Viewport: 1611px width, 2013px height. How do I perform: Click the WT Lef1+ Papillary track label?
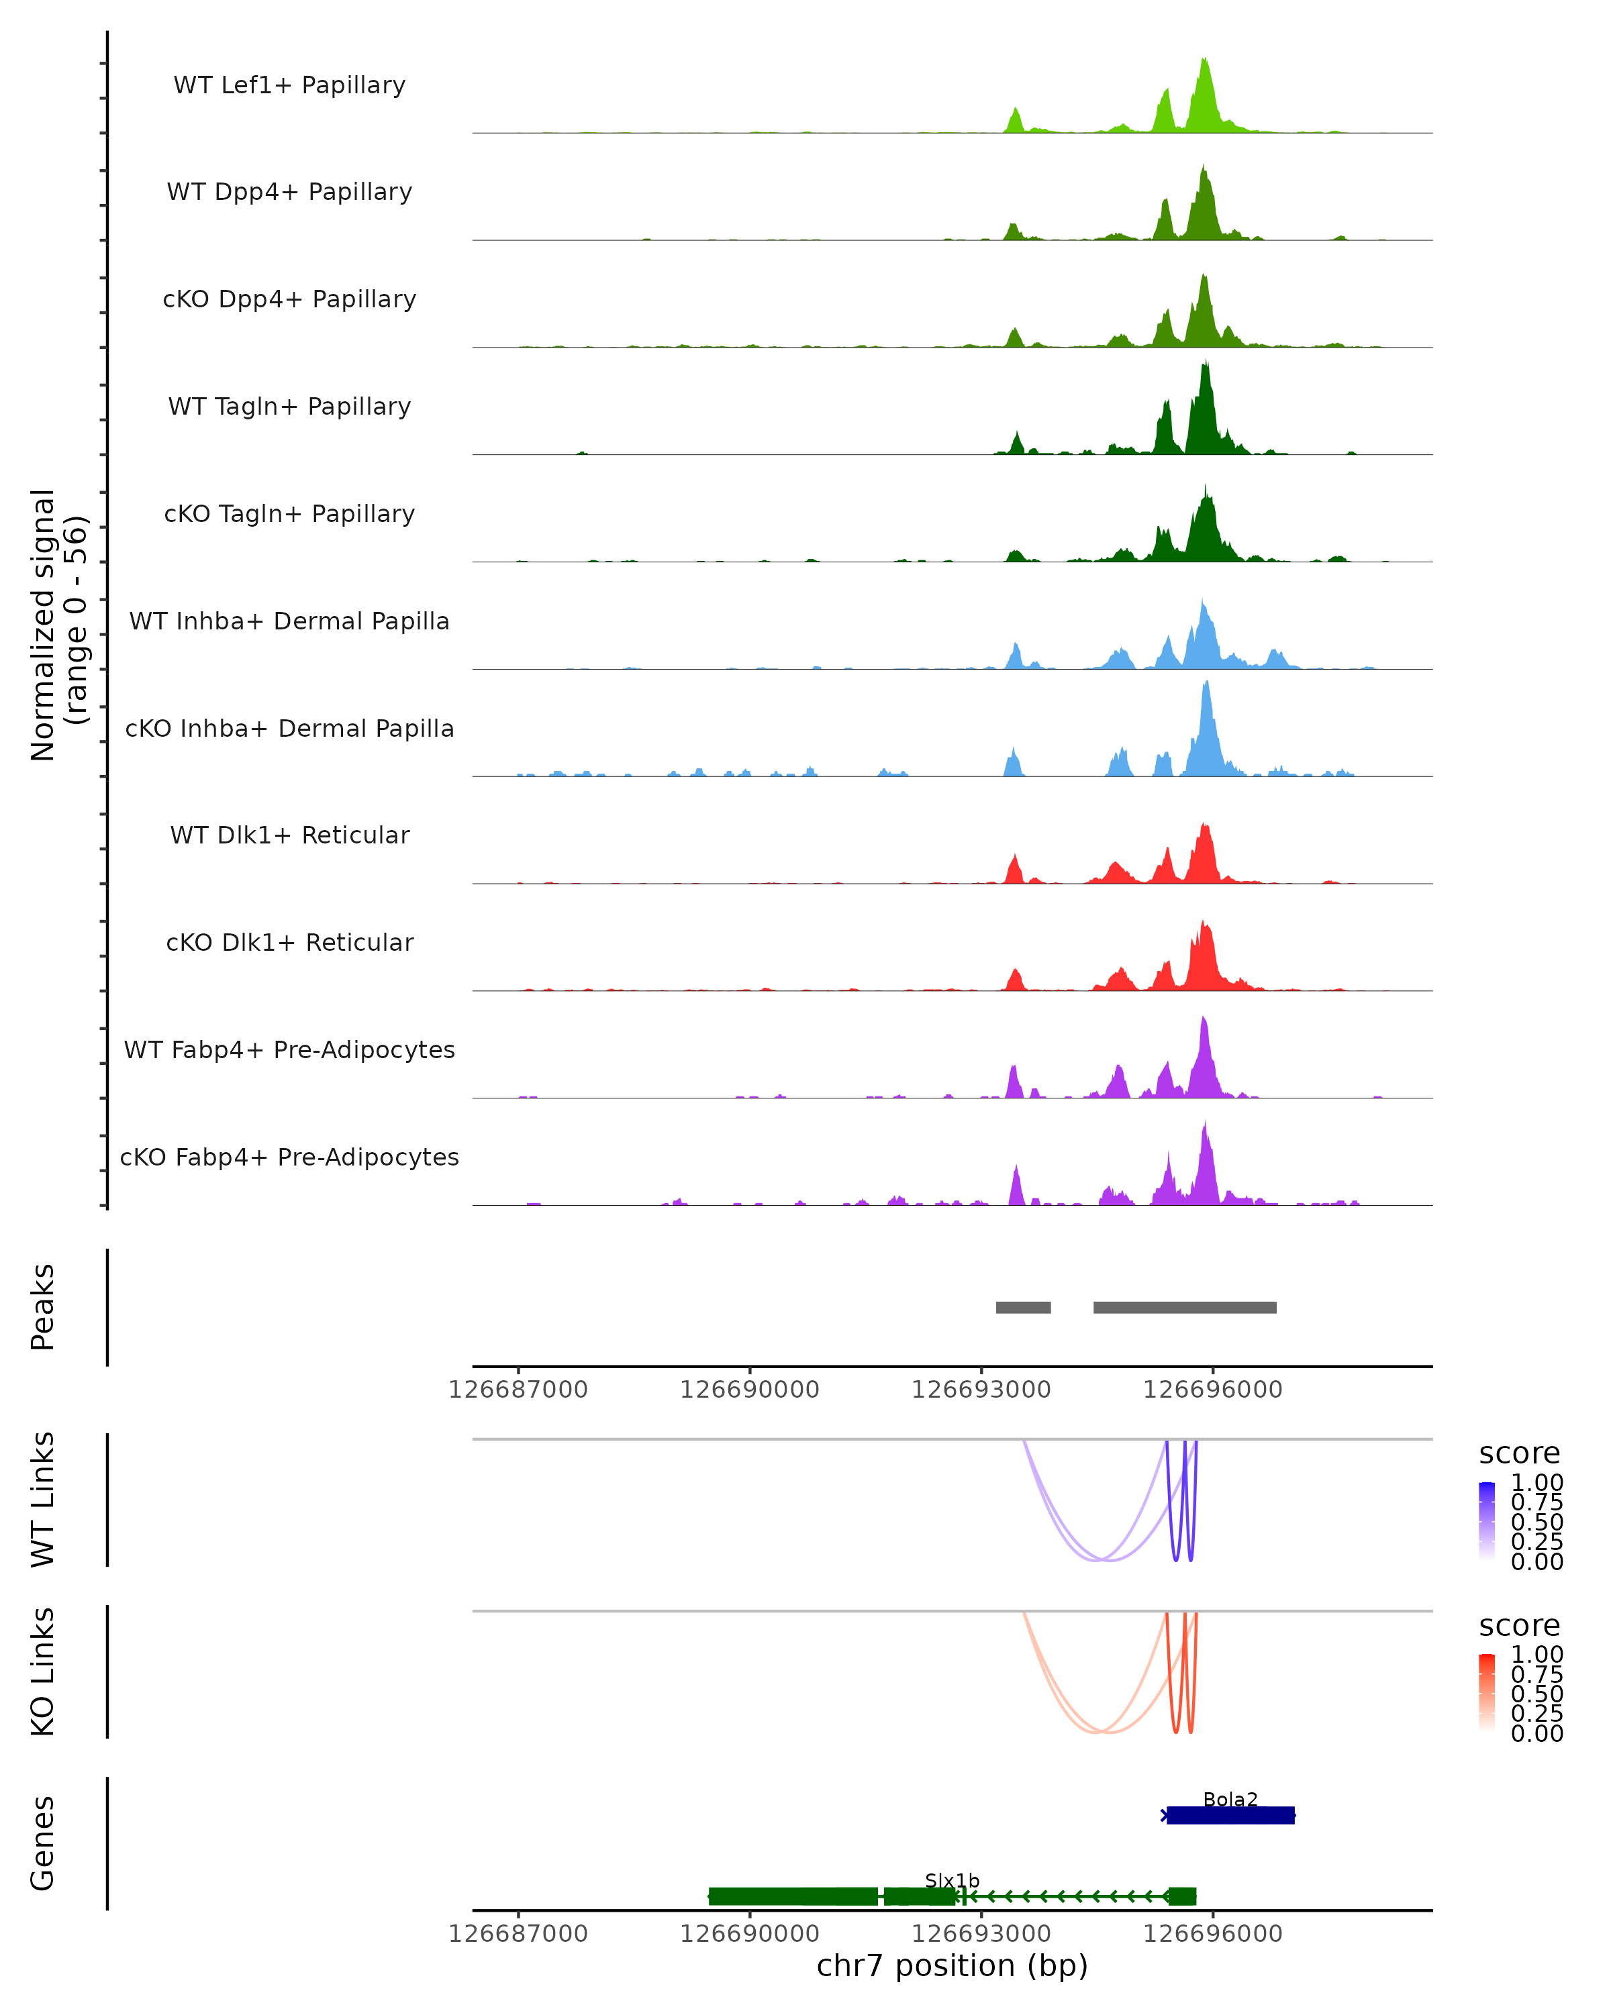pos(289,85)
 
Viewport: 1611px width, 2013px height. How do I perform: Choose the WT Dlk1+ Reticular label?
pos(289,835)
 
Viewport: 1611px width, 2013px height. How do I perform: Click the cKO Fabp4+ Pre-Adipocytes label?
pos(289,1157)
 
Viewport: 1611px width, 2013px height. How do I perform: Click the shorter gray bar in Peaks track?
pos(1022,1307)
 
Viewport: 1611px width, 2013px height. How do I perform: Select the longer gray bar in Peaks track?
pos(1184,1307)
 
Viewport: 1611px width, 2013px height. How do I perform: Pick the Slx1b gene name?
pos(952,1880)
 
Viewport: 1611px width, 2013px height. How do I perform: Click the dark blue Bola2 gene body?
pos(1230,1815)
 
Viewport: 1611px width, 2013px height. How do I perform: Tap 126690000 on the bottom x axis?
pos(749,1934)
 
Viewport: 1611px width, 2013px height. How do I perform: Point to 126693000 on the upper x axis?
pos(981,1390)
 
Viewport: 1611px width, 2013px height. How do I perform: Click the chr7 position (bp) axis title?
pos(952,1966)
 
